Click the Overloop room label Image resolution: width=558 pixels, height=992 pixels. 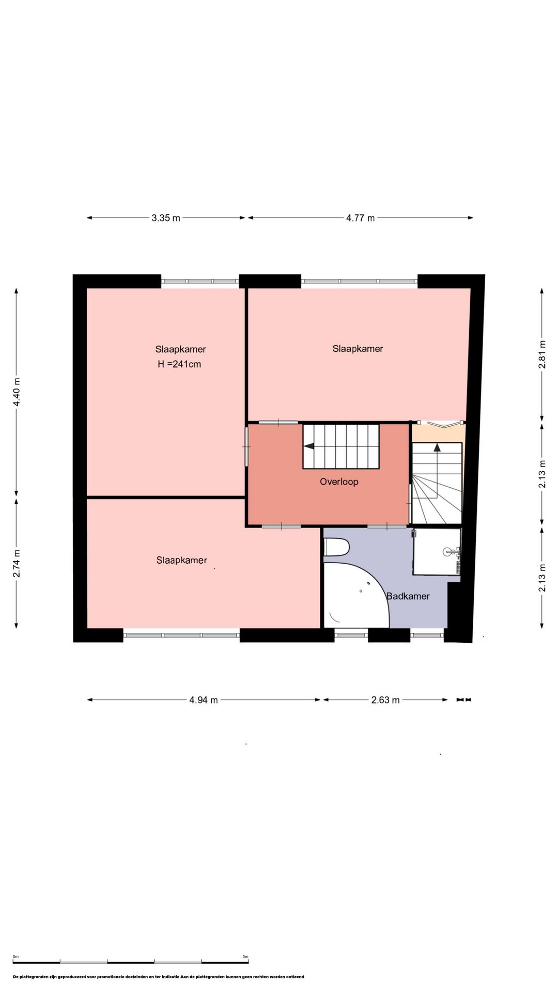coord(339,482)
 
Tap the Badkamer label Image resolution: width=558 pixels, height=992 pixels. coord(408,596)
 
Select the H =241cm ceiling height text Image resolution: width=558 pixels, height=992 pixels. coord(179,364)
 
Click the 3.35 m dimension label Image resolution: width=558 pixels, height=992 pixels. coord(166,218)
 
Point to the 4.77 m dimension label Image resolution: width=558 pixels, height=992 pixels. coord(361,218)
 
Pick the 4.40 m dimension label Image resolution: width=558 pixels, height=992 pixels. coord(17,392)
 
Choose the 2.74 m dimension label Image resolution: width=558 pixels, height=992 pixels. coord(17,563)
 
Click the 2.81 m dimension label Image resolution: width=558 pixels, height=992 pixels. coord(542,354)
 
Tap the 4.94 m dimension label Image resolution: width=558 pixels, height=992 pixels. coord(204,700)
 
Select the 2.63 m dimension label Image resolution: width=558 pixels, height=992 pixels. coord(385,700)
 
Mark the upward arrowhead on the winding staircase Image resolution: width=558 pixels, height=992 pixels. coord(437,447)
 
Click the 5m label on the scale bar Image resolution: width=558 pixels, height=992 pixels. coord(245,957)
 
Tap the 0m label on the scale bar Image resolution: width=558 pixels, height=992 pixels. coord(16,957)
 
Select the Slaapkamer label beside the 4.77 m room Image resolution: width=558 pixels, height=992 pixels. coord(358,349)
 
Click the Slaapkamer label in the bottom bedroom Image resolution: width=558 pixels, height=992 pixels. coord(181,560)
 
